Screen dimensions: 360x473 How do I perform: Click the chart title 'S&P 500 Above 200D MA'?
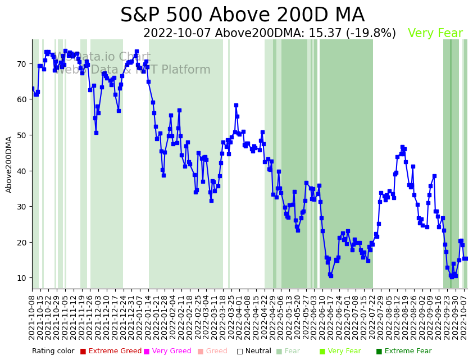[x=242, y=15]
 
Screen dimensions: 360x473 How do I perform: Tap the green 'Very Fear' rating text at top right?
[x=435, y=33]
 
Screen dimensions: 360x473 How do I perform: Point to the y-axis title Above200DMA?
[x=9, y=164]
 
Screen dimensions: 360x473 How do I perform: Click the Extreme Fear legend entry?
[x=403, y=351]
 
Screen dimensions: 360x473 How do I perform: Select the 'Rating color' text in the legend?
[x=53, y=351]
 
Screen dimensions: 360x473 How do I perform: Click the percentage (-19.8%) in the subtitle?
[x=376, y=33]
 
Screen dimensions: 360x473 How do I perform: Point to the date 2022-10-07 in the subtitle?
[x=178, y=33]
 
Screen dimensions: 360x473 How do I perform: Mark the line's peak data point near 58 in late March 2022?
[x=236, y=105]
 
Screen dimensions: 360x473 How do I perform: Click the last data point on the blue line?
[x=465, y=258]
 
